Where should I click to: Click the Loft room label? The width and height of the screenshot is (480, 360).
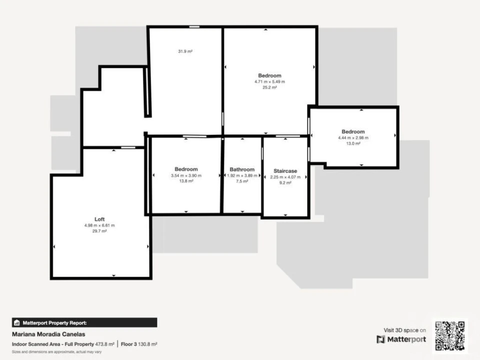click(99, 219)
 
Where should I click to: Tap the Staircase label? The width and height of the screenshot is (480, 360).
click(285, 171)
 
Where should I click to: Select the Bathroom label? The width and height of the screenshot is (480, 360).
click(242, 169)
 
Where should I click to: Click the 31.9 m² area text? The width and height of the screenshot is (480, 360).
click(185, 51)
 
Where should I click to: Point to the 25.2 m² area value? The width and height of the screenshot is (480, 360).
click(269, 87)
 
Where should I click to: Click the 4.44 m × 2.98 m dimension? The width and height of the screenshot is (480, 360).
click(353, 138)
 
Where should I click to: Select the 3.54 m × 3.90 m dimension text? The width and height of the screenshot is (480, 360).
click(186, 175)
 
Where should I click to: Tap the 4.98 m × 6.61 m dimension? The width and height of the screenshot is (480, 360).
click(99, 225)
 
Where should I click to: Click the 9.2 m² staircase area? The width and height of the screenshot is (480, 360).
click(285, 183)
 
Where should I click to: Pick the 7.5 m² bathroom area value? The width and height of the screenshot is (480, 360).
click(242, 181)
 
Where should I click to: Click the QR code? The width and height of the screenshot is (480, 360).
click(450, 335)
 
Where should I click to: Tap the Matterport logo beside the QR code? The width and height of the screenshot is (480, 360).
click(401, 339)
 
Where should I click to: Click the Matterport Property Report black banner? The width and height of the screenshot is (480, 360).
click(84, 322)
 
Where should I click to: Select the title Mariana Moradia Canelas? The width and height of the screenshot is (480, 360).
click(48, 334)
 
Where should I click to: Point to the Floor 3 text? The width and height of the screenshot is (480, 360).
click(129, 344)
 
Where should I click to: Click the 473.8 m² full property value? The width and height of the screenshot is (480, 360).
click(104, 344)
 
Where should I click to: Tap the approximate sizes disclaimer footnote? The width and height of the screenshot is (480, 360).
click(56, 352)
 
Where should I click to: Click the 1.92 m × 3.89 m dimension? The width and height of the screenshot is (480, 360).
click(242, 175)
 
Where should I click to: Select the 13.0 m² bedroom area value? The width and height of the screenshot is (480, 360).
click(353, 143)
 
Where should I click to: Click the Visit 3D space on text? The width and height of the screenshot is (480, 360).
click(404, 330)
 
